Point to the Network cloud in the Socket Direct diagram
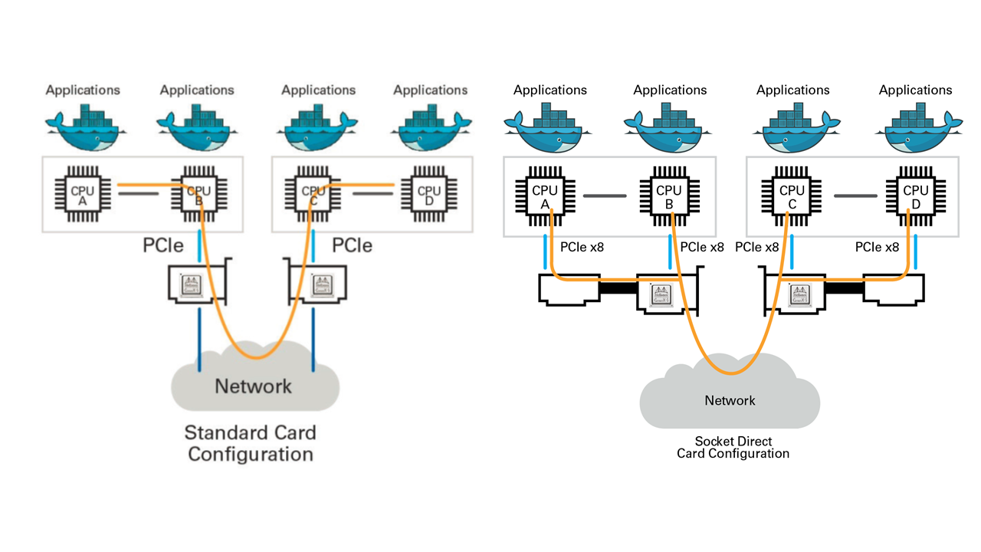tap(730, 400)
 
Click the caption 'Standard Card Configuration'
tap(251, 443)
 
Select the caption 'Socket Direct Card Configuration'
tap(733, 447)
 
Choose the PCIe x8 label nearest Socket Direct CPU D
tap(877, 247)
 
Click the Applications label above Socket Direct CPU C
tap(792, 90)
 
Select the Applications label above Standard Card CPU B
tap(197, 90)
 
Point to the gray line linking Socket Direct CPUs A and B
tap(605, 196)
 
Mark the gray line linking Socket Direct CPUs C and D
tap(855, 196)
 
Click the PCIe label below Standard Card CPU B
tap(163, 245)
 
